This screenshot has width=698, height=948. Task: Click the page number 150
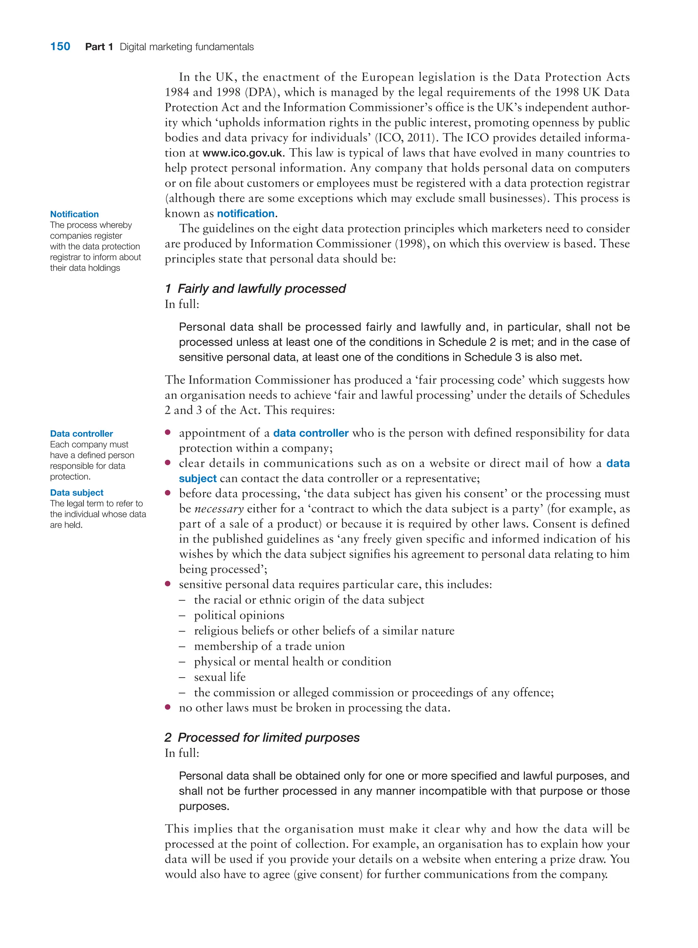60,46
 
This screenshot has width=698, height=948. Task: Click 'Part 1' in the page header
99,47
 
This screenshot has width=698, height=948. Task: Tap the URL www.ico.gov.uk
243,153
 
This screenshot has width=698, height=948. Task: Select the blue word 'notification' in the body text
245,214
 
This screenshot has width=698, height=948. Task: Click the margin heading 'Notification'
74,214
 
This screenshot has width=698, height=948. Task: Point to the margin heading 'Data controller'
81,434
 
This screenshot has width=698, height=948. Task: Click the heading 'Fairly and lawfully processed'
261,289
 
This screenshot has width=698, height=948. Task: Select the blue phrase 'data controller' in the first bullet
310,433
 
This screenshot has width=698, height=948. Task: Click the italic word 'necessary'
219,509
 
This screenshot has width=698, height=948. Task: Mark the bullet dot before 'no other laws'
168,707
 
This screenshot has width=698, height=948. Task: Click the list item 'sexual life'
220,677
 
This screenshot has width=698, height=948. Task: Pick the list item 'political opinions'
239,615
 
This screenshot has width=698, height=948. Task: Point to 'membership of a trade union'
269,646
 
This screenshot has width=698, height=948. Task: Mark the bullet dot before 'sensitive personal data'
168,584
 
